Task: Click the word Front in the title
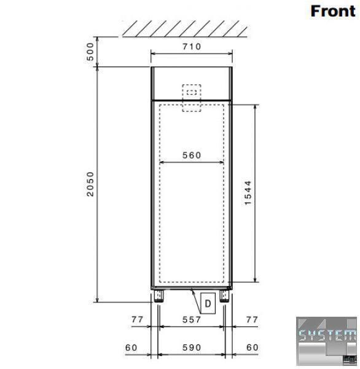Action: (x=333, y=11)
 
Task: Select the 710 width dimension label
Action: (x=192, y=47)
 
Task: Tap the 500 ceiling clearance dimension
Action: (x=90, y=52)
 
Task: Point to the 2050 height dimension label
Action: (x=90, y=184)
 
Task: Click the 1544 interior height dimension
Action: (x=248, y=193)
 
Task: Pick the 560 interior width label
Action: (x=192, y=156)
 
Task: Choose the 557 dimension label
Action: (x=192, y=320)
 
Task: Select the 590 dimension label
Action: (x=192, y=347)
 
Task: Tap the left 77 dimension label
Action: (x=138, y=319)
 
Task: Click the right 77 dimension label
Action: (x=252, y=319)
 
